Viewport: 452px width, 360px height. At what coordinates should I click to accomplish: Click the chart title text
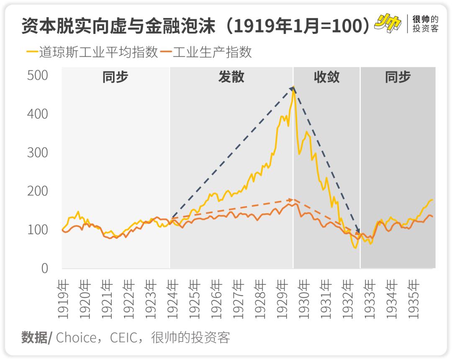[x=195, y=26]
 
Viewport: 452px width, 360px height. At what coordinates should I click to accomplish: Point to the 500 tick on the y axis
[x=38, y=75]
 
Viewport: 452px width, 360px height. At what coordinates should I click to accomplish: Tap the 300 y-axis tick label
[x=38, y=153]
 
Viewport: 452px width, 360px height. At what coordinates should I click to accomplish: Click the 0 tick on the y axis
[x=45, y=268]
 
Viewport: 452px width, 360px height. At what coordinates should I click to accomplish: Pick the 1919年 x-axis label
[x=64, y=299]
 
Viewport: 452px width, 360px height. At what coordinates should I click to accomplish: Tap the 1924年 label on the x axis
[x=173, y=299]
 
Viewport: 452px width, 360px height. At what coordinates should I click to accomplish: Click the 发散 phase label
[x=231, y=77]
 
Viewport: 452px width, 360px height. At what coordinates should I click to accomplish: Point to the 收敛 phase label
[x=326, y=77]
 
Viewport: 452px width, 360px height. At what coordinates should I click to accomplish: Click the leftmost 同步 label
[x=116, y=77]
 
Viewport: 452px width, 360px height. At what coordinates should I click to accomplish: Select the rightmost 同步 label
[x=398, y=77]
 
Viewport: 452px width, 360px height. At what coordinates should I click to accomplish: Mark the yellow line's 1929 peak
[x=294, y=89]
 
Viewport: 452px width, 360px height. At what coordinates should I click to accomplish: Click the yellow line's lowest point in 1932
[x=355, y=248]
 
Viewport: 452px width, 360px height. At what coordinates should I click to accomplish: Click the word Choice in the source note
[x=77, y=337]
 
